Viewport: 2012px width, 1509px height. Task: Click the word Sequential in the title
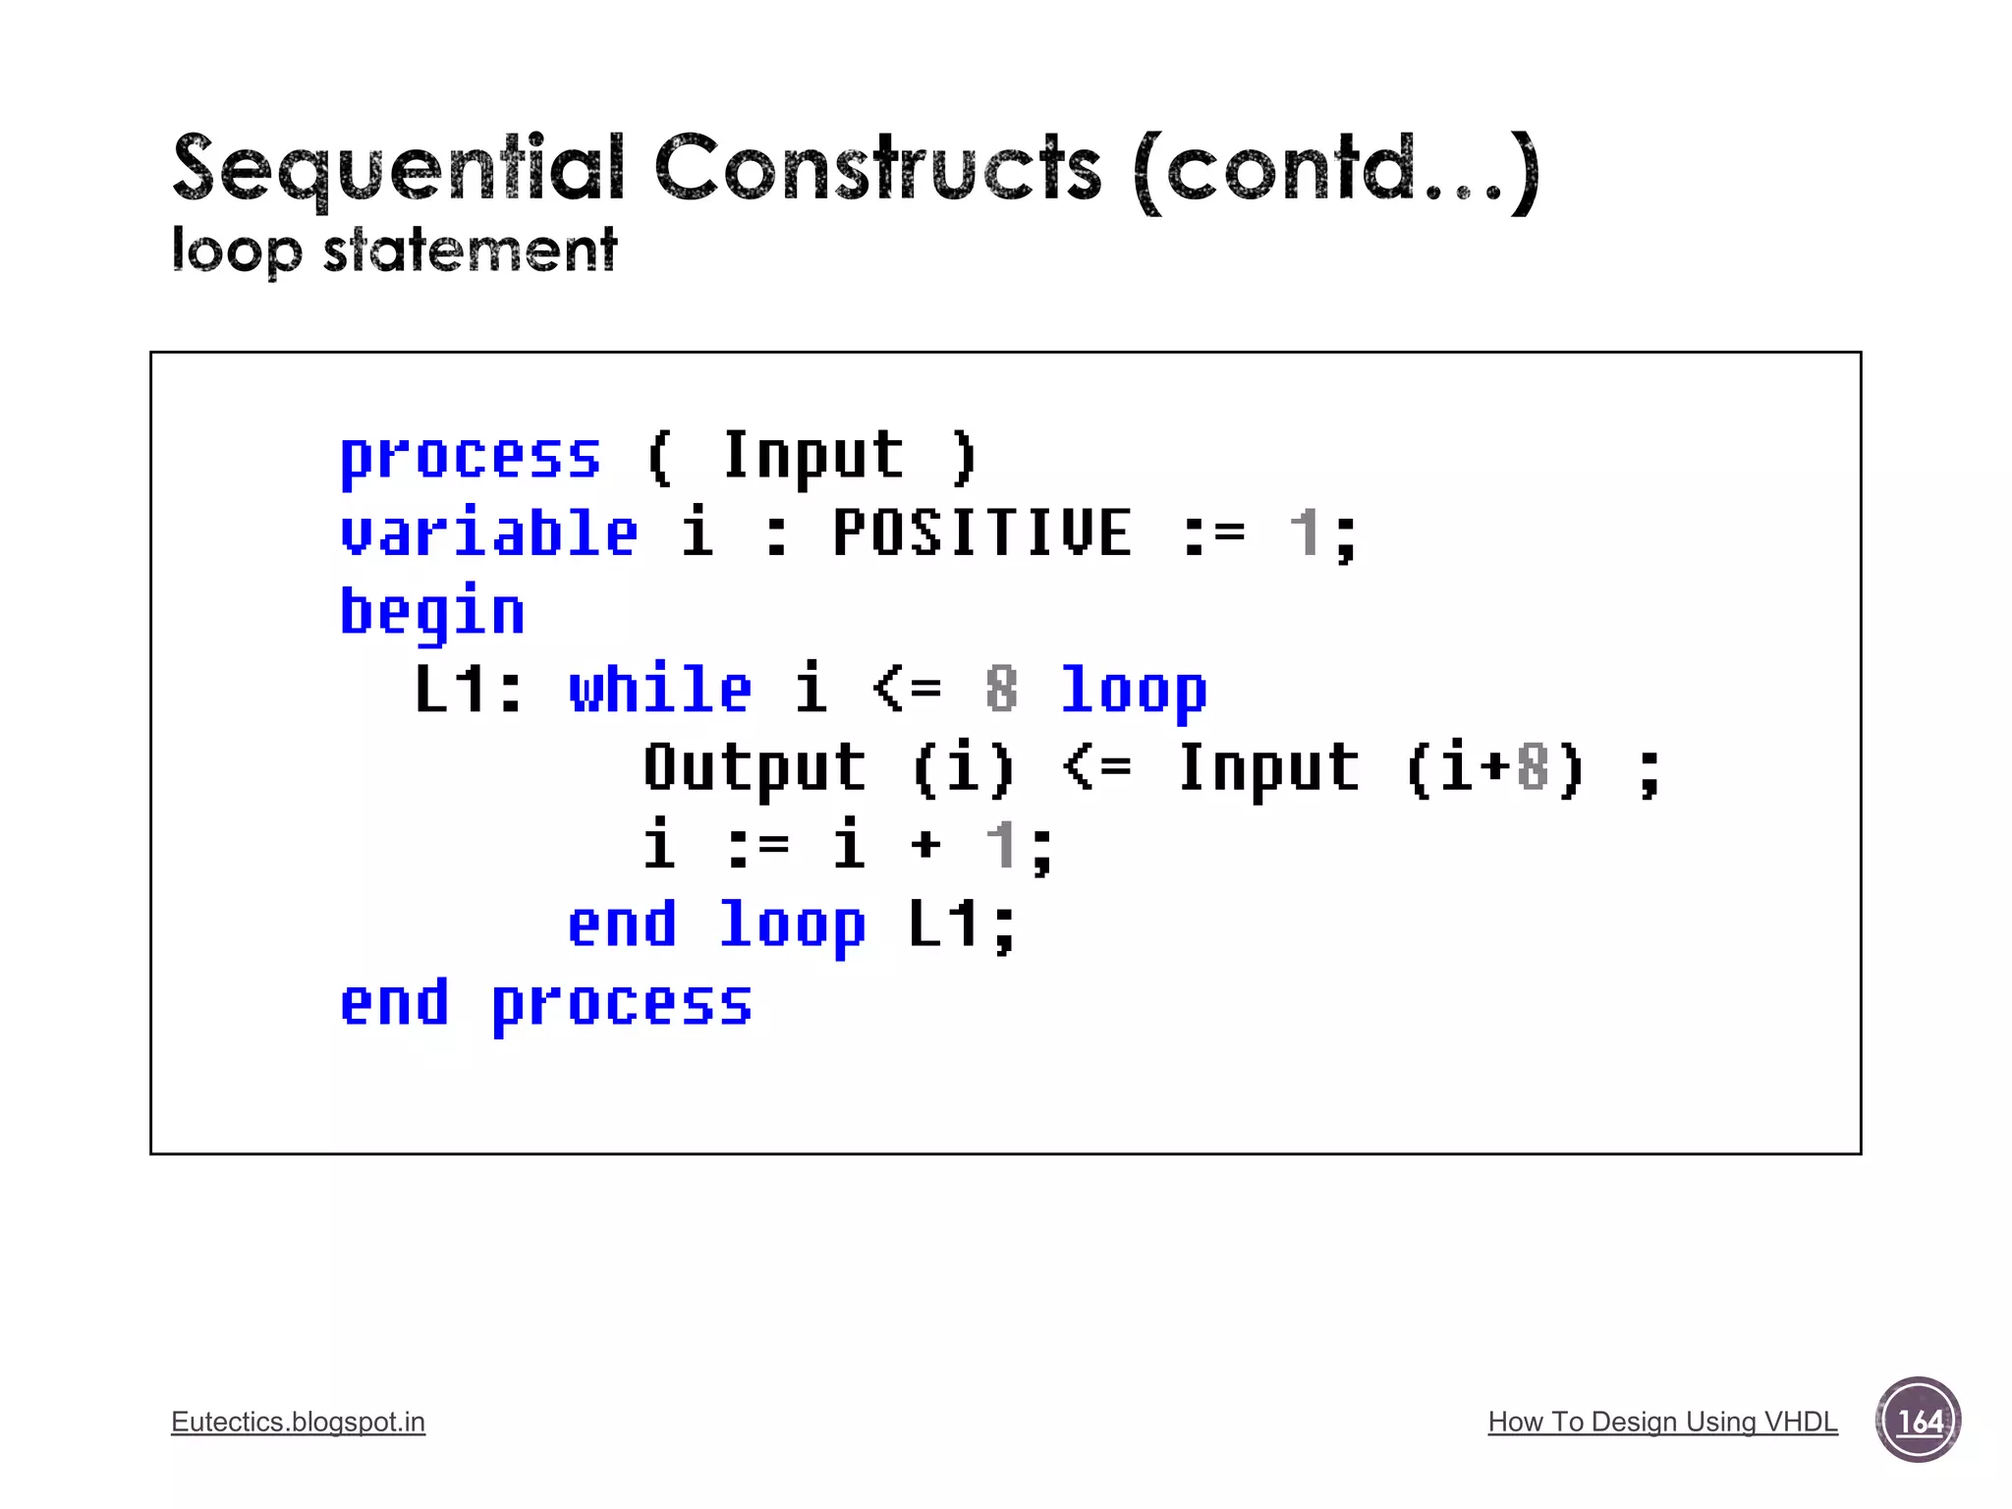[x=398, y=169]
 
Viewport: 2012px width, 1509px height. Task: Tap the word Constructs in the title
[x=877, y=169]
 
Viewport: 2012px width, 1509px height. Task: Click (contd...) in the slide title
[x=1336, y=171]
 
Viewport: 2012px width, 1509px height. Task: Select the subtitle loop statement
[x=394, y=251]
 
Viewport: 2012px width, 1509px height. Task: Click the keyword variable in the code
[x=488, y=533]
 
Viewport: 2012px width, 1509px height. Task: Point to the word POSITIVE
[x=982, y=533]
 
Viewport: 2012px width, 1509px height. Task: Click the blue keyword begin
[x=432, y=611]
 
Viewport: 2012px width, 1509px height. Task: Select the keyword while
[x=660, y=689]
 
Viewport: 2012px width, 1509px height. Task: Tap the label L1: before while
[x=468, y=689]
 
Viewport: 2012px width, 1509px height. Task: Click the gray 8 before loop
[x=1001, y=689]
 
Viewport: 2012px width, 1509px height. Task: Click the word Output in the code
[x=754, y=767]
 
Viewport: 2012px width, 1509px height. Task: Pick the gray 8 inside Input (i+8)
[x=1533, y=767]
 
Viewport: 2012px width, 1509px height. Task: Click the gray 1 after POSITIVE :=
[x=1304, y=533]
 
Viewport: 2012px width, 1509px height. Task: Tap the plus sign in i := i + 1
[x=925, y=845]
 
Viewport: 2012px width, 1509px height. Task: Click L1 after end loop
[x=944, y=923]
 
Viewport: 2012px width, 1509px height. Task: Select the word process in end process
[x=622, y=1004]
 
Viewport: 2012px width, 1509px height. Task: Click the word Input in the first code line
[x=812, y=456]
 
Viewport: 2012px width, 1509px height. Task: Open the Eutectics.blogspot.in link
[x=298, y=1422]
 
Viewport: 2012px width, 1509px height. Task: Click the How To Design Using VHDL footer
[x=1662, y=1422]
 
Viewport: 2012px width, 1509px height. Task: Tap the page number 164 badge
[x=1918, y=1421]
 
